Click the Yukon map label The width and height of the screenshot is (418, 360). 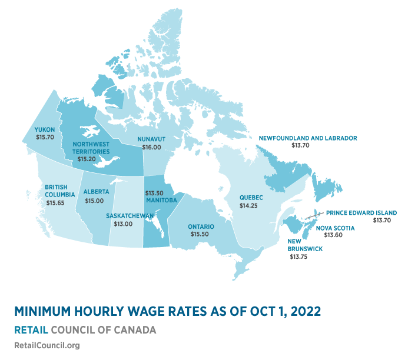[44, 129]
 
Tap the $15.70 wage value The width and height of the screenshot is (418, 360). [44, 137]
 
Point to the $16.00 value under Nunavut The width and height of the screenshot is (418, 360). [150, 147]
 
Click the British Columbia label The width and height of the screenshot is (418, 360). [59, 191]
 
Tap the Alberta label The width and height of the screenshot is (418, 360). [96, 192]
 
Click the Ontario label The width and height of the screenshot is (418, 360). [201, 226]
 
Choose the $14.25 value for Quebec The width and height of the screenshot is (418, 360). [250, 206]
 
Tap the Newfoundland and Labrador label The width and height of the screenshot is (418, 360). [308, 138]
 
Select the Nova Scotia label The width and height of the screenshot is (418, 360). [335, 228]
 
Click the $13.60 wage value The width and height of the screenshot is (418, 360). [335, 235]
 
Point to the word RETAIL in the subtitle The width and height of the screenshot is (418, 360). [31, 330]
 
